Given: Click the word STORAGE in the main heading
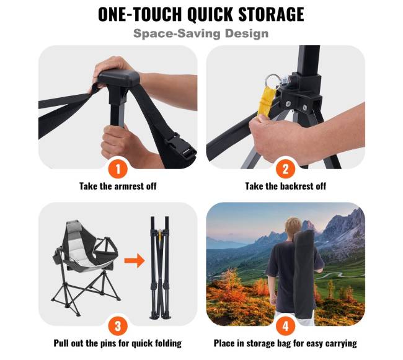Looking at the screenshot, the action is point(271,14).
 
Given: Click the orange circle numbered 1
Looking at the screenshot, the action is point(118,169).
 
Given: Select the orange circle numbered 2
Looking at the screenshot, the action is point(286,169).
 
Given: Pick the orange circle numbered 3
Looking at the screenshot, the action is point(118,327).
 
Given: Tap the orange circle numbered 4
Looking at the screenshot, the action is point(286,327).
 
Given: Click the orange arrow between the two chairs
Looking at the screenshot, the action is point(135,261).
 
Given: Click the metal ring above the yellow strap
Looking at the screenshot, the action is point(272,82).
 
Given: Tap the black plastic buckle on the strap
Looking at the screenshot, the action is point(182,146).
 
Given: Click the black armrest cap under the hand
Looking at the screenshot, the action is point(119,78).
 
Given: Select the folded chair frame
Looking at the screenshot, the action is point(160,268).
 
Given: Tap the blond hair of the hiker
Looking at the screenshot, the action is point(294,225).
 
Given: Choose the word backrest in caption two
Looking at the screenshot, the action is point(296,186).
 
